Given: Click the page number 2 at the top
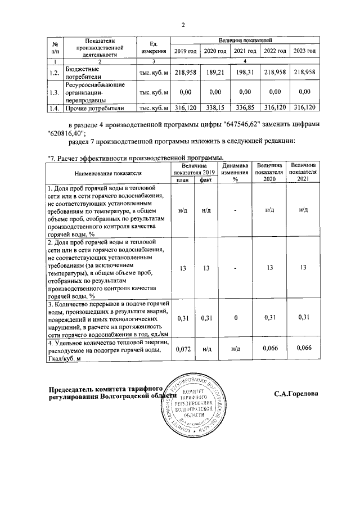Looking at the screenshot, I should point(183,24).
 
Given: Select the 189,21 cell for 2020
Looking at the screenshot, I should point(214,73).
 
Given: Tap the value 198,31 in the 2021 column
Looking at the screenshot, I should point(245,73).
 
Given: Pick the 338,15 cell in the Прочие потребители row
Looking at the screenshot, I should point(214,107).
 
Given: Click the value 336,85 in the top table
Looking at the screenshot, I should point(245,107).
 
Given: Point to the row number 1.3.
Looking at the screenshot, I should point(54,92).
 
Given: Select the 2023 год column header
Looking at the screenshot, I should point(304,51).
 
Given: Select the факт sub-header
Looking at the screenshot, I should point(206,180).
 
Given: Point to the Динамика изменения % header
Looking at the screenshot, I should point(236,172).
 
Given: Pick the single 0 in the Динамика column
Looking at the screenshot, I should point(236,318).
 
